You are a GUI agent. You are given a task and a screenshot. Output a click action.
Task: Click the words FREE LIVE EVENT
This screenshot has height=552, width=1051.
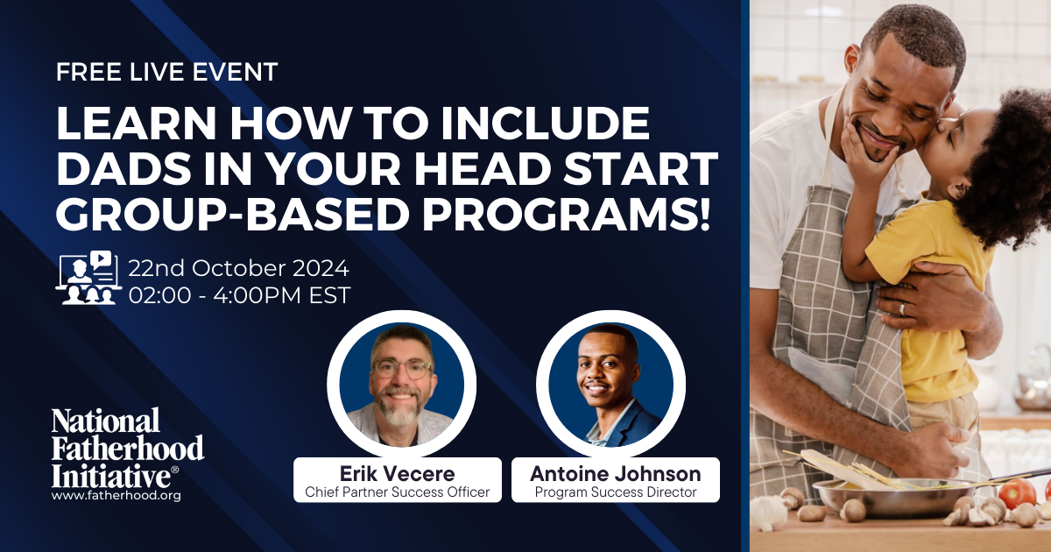coord(166,72)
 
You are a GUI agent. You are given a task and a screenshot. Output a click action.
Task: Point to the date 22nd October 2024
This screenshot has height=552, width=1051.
coord(238,267)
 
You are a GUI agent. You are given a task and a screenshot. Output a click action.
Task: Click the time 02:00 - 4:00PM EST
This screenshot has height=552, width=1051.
coord(239,295)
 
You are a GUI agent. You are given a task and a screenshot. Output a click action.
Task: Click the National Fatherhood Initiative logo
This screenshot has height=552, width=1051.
coord(128,446)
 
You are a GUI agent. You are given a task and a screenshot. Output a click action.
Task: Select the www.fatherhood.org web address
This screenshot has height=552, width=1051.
coord(116,495)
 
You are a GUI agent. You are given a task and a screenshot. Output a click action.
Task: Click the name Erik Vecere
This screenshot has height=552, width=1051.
coord(397,473)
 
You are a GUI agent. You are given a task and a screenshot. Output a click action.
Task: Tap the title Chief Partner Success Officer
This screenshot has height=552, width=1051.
coord(397,492)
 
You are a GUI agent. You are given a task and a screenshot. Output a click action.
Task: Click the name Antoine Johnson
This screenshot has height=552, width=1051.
coord(615,473)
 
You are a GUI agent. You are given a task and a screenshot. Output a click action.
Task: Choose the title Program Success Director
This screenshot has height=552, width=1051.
coord(615,492)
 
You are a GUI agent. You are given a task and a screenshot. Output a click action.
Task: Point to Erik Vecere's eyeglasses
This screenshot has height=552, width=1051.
coord(401,369)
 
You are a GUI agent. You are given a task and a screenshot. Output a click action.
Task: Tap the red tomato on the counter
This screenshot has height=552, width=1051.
coord(1016,493)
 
